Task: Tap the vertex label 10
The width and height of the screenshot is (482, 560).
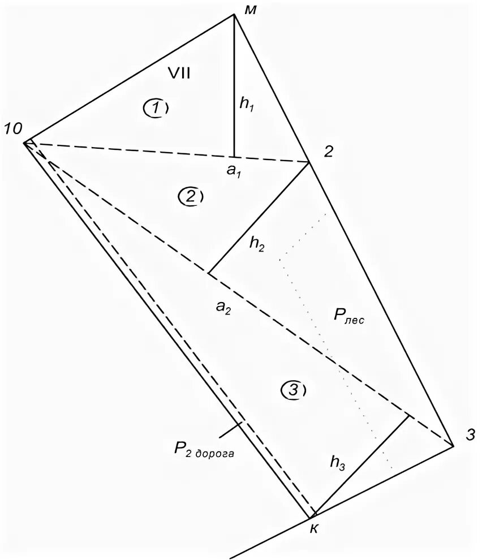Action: coord(12,129)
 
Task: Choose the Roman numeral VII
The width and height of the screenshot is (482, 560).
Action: coord(179,72)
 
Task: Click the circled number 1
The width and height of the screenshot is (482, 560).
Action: coord(156,107)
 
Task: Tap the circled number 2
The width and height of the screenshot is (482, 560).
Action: coord(190,196)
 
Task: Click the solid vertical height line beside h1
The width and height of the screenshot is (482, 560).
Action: coord(235,85)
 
